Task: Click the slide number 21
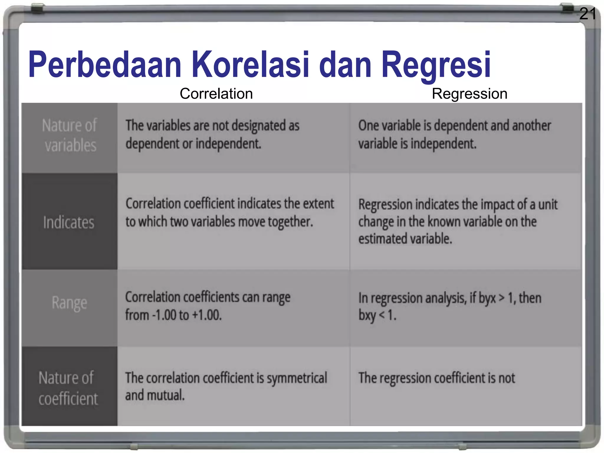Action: (x=587, y=14)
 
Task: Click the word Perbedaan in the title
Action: (x=105, y=65)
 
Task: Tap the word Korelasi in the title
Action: (x=250, y=65)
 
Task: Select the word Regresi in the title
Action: (x=436, y=65)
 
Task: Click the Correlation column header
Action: (x=216, y=94)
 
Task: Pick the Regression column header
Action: (x=470, y=94)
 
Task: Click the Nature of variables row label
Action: (x=70, y=136)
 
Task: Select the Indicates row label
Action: (x=69, y=222)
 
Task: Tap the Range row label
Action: (x=69, y=303)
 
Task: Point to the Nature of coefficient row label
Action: (x=68, y=388)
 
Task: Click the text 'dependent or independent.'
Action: (x=193, y=144)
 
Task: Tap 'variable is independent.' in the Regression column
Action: (x=417, y=144)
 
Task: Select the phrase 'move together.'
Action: (x=275, y=222)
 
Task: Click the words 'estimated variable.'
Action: (x=405, y=239)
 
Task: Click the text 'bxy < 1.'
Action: (x=377, y=315)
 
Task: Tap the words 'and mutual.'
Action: (x=155, y=395)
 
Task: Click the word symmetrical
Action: (x=297, y=378)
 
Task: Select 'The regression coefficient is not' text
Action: (x=436, y=378)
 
